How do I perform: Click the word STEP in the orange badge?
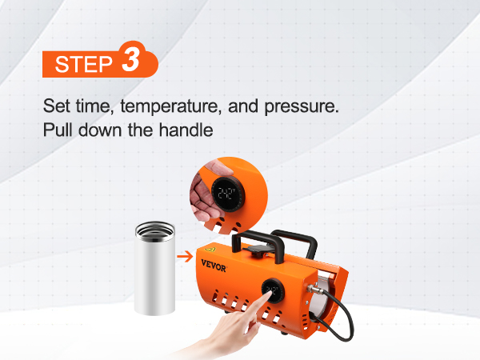[x=84, y=64]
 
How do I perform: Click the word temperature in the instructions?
[x=171, y=106]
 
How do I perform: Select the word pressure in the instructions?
[x=302, y=107]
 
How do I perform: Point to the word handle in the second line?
[x=186, y=130]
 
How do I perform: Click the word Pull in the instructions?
[x=58, y=130]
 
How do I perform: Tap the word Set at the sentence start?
[x=56, y=106]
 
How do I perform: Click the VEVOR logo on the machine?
[x=214, y=266]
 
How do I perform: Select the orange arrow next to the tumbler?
[x=186, y=256]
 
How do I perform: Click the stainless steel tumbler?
[x=154, y=269]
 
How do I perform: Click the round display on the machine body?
[x=272, y=290]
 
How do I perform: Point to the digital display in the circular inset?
[x=227, y=194]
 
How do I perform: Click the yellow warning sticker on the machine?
[x=210, y=249]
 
